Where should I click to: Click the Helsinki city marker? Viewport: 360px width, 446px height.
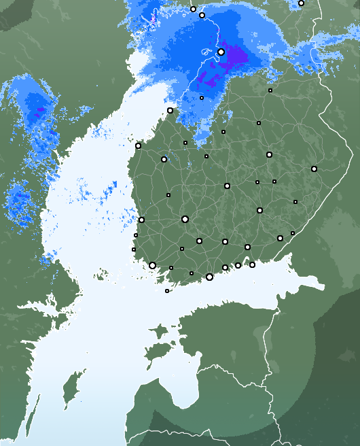tap(209, 277)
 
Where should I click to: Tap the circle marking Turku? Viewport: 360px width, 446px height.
tap(152, 266)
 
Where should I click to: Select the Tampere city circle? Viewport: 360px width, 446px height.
tap(185, 219)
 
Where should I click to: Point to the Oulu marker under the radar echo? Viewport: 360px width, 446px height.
tap(221, 52)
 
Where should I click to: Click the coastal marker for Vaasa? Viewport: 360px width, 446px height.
tap(138, 145)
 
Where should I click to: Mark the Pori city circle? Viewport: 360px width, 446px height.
tap(141, 220)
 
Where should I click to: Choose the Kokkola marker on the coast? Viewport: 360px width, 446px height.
tap(170, 110)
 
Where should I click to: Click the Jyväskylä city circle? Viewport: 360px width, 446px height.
tap(227, 186)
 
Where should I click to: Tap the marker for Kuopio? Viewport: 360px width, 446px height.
tap(269, 155)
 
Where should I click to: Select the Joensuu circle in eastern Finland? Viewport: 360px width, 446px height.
tap(314, 169)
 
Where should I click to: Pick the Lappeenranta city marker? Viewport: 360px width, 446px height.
tap(280, 238)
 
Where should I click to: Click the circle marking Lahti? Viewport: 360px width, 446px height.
tap(225, 241)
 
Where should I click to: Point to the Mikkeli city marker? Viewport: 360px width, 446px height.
tap(259, 210)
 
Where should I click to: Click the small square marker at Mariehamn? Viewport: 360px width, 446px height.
tap(167, 291)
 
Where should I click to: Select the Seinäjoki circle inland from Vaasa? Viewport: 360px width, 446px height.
tap(164, 159)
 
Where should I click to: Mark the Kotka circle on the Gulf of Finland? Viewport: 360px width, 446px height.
tap(252, 264)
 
